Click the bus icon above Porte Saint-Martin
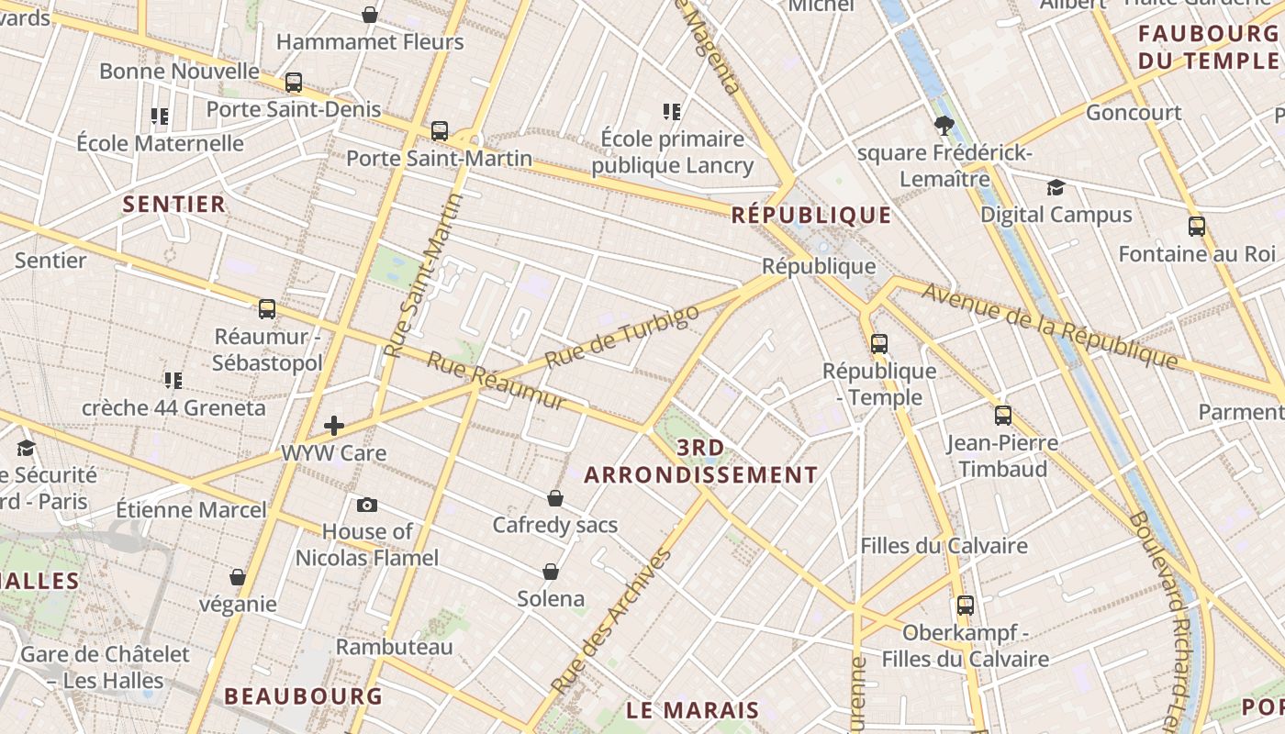click(x=440, y=131)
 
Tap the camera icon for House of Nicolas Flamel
click(x=366, y=505)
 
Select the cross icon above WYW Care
click(x=334, y=425)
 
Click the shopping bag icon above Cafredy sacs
click(x=555, y=498)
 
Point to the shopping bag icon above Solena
click(x=551, y=572)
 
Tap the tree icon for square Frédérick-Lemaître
click(x=944, y=126)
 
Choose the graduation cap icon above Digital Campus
click(x=1056, y=188)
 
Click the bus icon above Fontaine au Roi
click(x=1197, y=226)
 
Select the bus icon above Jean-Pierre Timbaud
click(x=1003, y=416)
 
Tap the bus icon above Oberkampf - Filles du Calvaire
click(x=966, y=606)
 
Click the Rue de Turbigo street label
click(x=621, y=336)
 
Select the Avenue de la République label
click(x=1049, y=325)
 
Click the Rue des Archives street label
click(x=612, y=621)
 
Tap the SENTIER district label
click(x=174, y=204)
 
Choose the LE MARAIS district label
click(x=693, y=710)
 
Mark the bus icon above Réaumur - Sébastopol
click(x=267, y=309)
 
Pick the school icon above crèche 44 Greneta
click(x=173, y=380)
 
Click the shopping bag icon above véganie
click(x=238, y=577)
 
